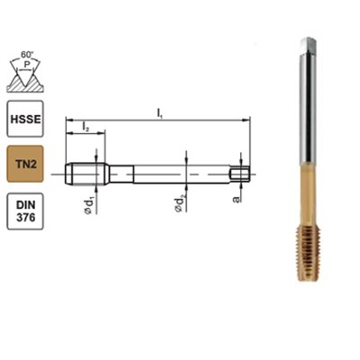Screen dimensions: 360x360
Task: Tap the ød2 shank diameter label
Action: (x=185, y=202)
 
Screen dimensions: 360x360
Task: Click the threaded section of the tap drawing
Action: (x=86, y=169)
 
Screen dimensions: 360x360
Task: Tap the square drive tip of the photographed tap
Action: (x=308, y=44)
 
